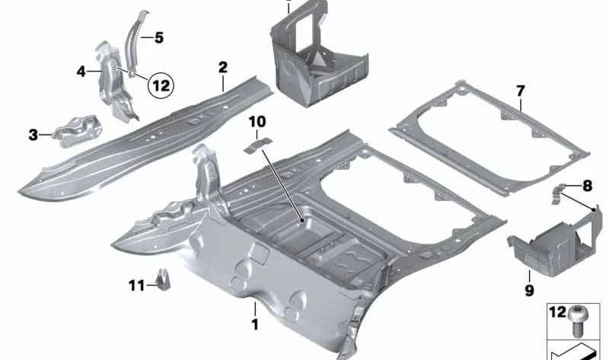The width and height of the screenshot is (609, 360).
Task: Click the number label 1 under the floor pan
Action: click(x=255, y=324)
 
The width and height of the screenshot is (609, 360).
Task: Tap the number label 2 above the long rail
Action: click(x=222, y=68)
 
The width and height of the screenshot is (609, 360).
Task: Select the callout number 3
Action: click(x=33, y=135)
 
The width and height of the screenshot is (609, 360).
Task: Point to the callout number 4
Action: click(x=81, y=72)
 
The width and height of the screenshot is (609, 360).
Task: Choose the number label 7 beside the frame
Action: click(x=521, y=91)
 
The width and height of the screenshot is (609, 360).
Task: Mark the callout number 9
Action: click(x=528, y=290)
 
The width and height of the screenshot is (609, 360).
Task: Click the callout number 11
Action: click(x=136, y=285)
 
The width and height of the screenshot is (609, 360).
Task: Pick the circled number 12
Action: click(x=161, y=86)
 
